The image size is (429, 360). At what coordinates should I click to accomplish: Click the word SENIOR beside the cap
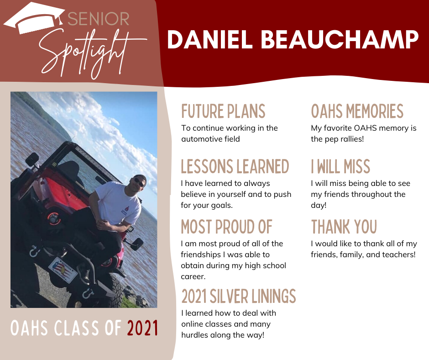coord(98,19)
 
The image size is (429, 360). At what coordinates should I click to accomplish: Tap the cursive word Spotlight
coord(90,54)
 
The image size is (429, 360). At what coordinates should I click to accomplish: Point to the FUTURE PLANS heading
coord(223,111)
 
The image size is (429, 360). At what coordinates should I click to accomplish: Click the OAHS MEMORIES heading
coord(357,111)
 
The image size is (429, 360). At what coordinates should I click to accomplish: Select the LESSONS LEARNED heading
coord(235,166)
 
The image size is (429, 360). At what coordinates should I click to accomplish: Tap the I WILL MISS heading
coord(340,166)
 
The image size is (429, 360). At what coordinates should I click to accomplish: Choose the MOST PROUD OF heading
coord(226,227)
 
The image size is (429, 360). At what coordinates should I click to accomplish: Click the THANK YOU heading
coord(344,227)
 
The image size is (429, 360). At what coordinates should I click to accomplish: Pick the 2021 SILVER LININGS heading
coord(239,296)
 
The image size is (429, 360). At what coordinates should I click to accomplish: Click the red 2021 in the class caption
coord(142,328)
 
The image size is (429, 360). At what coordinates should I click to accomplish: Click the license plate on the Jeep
coord(63,270)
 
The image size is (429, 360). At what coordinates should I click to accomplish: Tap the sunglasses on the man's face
coord(139,182)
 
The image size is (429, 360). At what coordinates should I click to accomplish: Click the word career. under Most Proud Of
coord(193,276)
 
